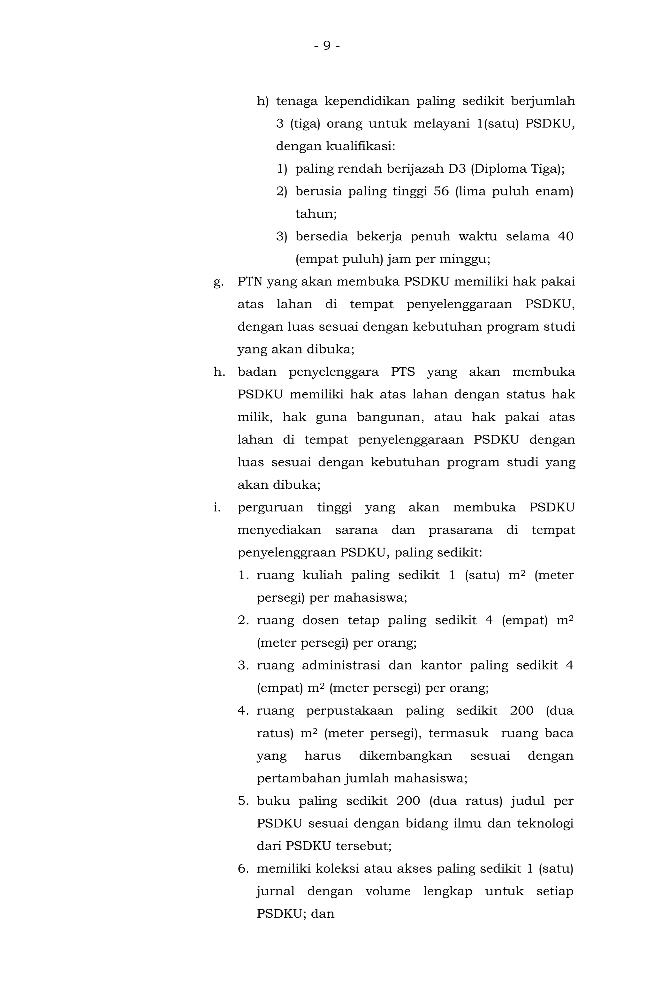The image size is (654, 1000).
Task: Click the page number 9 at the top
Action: coord(327,45)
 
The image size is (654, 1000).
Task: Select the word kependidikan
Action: coord(367,101)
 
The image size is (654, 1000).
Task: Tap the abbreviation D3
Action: coord(457,169)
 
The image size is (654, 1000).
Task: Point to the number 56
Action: coord(441,192)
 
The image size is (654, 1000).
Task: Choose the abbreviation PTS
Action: coord(402,372)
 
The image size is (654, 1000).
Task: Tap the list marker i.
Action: coord(217,508)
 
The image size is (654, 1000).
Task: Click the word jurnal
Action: coord(275,891)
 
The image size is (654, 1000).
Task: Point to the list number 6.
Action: coord(243,869)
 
